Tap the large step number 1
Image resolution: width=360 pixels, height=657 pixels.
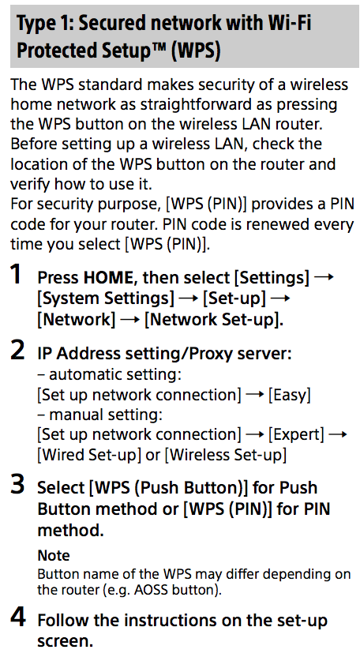point(16,275)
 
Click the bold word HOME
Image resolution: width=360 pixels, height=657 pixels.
point(108,277)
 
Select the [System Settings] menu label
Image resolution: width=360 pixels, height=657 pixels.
point(106,298)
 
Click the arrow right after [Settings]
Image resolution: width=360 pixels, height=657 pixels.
point(324,277)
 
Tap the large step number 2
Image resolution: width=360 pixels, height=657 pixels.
point(17,351)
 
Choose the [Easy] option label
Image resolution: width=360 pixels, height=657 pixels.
point(290,395)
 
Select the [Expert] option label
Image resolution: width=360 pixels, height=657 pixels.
point(296,435)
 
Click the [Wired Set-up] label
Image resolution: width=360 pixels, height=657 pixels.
point(89,455)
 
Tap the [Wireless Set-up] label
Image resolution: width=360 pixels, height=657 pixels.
point(226,455)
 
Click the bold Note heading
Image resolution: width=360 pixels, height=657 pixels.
point(54,556)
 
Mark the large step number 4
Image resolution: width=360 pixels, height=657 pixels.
point(17,618)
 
